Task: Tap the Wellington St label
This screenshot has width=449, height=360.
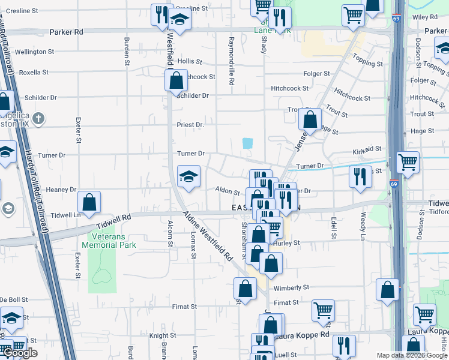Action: tap(35, 52)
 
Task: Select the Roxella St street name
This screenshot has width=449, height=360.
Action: tap(34, 72)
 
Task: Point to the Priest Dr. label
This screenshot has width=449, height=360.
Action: tap(190, 125)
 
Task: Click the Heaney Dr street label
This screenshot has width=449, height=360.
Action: tap(58, 190)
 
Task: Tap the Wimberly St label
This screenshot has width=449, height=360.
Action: tap(292, 288)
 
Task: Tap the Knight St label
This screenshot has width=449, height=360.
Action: tap(163, 336)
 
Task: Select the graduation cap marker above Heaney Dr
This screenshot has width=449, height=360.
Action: tap(188, 176)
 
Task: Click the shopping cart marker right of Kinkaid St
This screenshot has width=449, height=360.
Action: tap(408, 161)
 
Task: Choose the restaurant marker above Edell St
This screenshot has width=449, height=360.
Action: tap(360, 176)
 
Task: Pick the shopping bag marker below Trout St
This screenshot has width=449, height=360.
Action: tap(310, 119)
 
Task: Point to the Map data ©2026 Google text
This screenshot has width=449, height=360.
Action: tap(412, 355)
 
